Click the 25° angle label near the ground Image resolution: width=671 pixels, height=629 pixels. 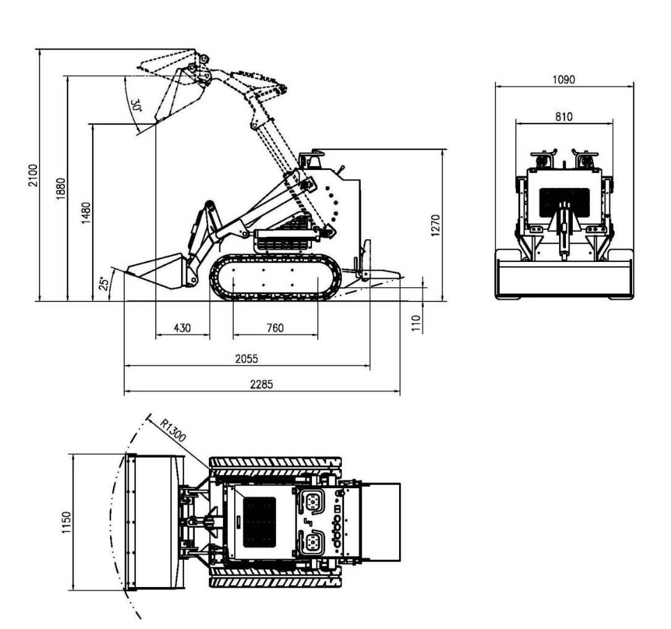tap(104, 283)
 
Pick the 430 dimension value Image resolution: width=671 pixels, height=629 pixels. tap(182, 327)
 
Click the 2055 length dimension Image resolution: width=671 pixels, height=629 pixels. tap(247, 358)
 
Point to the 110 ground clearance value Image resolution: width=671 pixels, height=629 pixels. tap(416, 323)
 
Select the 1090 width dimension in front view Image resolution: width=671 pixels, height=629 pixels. tap(563, 79)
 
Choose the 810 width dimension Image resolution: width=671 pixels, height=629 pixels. tap(563, 116)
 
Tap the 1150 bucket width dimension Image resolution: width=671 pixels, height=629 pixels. tap(66, 523)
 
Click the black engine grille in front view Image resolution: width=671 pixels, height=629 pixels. tap(563, 199)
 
